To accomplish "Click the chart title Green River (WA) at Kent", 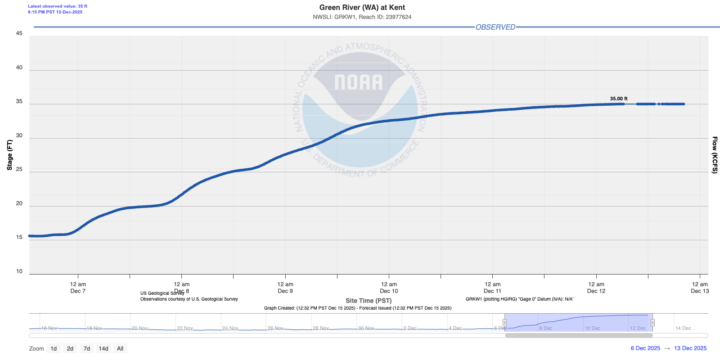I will tap(362, 8).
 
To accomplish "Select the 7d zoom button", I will tap(87, 348).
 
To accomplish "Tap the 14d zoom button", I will tap(103, 348).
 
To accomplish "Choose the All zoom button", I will tap(120, 348).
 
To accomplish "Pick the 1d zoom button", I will tap(54, 348).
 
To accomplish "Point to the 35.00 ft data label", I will tap(618, 99).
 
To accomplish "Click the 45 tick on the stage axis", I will tap(19, 33).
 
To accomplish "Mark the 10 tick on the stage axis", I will tap(19, 271).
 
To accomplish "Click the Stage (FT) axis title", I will tap(9, 155).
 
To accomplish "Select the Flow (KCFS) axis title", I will tap(714, 155).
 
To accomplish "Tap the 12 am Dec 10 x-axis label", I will tap(389, 288).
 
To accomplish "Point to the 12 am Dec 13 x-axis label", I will tap(700, 288).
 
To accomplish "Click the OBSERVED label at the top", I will tap(495, 27).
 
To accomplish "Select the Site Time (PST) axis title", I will tap(369, 301).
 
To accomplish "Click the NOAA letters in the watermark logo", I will tap(359, 82).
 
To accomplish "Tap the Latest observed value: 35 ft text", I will tap(58, 6).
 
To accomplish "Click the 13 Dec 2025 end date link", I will tap(690, 348).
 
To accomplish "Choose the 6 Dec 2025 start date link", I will tap(645, 348).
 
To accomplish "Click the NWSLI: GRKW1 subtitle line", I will tap(362, 17).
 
